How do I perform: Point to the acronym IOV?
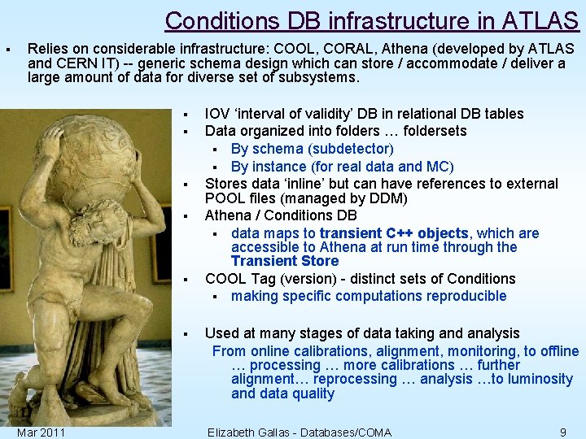[216, 114]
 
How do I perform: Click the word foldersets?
[431, 131]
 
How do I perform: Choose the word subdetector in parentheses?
[351, 149]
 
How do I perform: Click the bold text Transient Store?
[284, 261]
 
